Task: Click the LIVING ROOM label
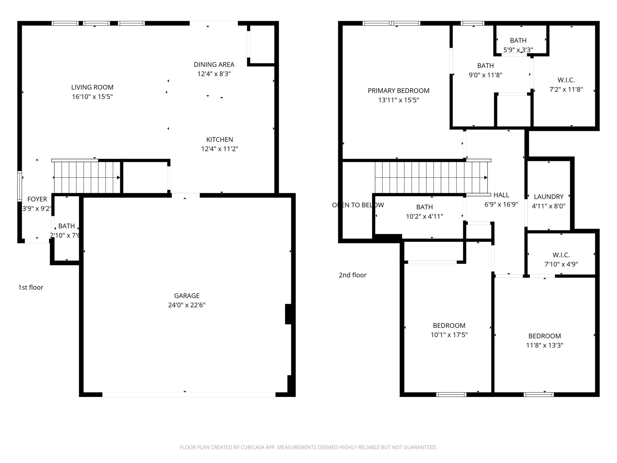92,87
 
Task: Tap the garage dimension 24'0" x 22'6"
186,305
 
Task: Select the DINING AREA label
214,65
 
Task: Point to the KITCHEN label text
219,140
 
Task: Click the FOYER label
37,199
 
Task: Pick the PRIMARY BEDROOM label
398,91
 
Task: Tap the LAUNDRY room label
548,197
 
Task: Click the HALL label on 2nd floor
501,195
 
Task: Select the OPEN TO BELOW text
358,205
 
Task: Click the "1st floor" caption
30,287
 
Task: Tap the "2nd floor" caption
352,275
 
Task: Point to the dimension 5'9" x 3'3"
518,50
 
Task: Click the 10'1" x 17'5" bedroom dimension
449,335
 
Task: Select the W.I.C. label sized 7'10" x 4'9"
561,255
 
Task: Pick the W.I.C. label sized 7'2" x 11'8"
566,80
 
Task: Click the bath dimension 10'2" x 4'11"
424,216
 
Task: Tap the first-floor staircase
87,178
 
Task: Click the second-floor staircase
431,178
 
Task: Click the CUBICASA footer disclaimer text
308,447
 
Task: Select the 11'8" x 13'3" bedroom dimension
544,345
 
